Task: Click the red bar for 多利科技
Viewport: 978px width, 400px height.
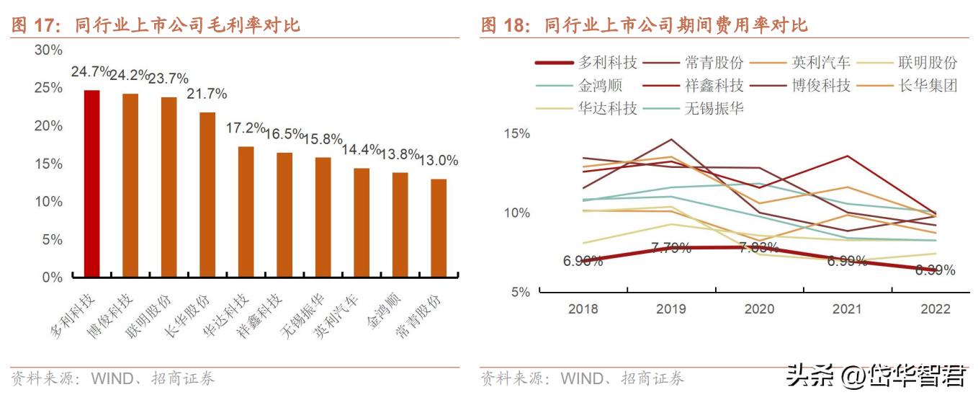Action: tap(92, 184)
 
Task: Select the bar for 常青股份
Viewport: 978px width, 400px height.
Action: tap(439, 228)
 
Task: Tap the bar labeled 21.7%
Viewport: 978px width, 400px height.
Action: tap(207, 195)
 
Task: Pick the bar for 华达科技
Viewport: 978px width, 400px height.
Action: tap(246, 212)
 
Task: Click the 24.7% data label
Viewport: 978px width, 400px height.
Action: tap(91, 72)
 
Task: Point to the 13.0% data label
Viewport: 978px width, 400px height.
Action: tap(439, 161)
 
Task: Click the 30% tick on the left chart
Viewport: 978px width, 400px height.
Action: tap(48, 50)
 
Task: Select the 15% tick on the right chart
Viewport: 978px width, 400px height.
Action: tap(516, 134)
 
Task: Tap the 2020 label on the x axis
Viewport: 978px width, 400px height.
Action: tap(759, 309)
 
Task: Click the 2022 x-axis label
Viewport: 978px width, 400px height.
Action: tap(935, 309)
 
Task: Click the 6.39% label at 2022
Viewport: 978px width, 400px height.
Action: tap(935, 270)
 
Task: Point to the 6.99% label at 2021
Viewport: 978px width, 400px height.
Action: tap(847, 261)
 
